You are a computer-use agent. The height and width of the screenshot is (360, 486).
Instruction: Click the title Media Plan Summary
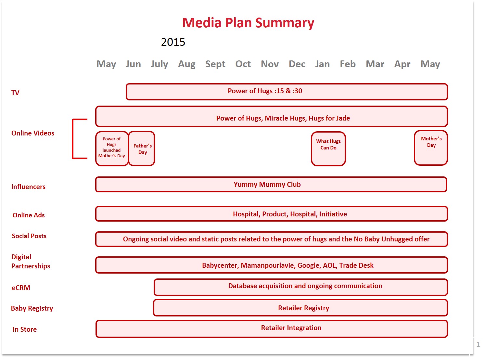248,23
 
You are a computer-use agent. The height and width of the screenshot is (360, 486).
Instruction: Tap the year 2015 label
173,42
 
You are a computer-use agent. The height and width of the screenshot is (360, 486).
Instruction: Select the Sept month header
215,64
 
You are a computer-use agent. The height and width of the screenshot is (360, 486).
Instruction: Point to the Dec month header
297,64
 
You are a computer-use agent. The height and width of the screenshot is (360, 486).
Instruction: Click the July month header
159,64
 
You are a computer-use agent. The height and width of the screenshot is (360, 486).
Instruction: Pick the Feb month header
348,64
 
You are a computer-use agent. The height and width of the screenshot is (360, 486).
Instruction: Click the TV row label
15,93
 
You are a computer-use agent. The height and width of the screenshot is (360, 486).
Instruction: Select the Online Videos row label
33,133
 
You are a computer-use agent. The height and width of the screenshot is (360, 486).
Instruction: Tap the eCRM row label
21,288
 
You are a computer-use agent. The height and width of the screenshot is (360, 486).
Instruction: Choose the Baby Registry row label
32,308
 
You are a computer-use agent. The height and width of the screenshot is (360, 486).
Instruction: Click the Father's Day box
142,149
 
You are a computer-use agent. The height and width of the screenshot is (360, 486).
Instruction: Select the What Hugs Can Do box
328,149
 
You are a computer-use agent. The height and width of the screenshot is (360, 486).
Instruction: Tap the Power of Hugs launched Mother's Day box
112,148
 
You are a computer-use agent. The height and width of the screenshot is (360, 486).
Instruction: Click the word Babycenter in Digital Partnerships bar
220,265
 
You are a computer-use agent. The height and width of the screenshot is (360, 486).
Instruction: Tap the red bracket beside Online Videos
74,139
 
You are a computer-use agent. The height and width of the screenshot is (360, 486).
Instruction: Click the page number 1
478,344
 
